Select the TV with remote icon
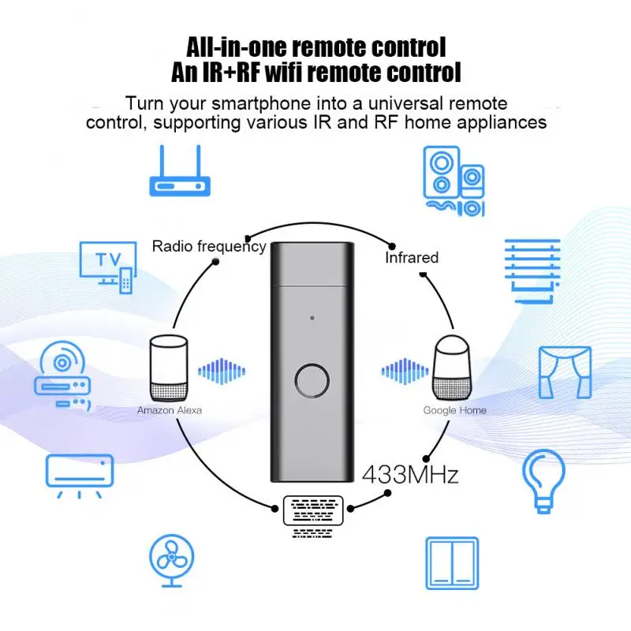107,266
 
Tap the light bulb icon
545,476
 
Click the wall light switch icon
452,563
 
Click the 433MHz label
410,476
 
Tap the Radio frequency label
209,246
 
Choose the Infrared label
411,257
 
